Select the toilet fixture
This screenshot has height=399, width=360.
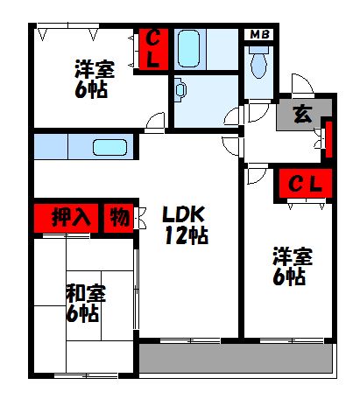click(258, 62)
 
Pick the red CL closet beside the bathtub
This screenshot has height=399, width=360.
click(152, 50)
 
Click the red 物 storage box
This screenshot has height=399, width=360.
click(118, 216)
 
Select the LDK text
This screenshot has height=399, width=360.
click(183, 214)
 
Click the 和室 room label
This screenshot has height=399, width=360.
click(83, 293)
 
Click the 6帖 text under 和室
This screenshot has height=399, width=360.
click(83, 313)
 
